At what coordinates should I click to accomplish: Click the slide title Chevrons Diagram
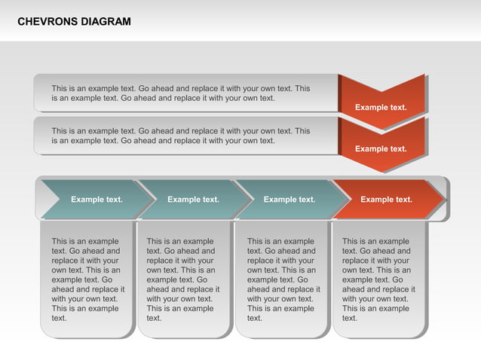(74, 22)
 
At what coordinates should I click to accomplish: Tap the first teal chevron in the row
(90, 200)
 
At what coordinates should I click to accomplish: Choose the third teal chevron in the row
(288, 200)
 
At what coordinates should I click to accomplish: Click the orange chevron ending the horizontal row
(386, 200)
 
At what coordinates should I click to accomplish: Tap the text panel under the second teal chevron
(183, 279)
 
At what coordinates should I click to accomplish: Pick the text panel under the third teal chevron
(282, 279)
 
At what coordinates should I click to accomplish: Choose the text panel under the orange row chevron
(378, 279)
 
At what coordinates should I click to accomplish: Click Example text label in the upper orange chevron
(381, 107)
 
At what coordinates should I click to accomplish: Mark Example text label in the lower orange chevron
(381, 149)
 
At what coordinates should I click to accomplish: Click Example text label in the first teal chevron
(97, 200)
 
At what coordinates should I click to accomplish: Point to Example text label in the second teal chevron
(193, 200)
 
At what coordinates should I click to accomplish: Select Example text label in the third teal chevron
(290, 200)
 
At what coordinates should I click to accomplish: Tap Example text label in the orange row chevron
(386, 200)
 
